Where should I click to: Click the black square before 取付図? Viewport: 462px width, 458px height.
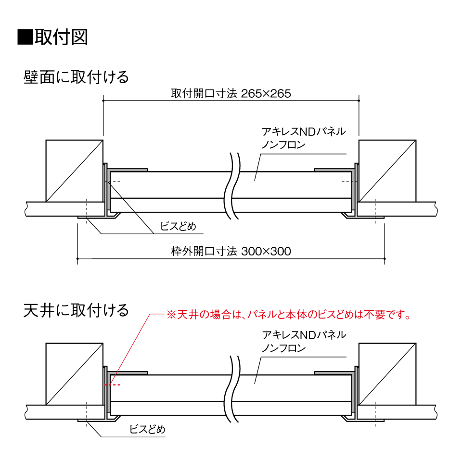[x=25, y=37]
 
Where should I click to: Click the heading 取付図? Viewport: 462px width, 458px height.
[x=61, y=37]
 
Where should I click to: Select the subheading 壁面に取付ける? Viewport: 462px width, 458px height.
[x=76, y=77]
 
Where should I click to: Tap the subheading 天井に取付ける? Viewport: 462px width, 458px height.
[x=76, y=310]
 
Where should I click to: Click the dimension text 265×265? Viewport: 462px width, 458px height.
[x=266, y=94]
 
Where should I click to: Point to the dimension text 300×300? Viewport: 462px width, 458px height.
[x=266, y=251]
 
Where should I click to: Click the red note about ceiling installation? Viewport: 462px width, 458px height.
[x=289, y=315]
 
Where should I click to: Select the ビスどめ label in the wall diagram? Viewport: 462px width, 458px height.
[x=178, y=226]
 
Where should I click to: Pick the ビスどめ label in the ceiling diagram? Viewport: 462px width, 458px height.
[x=147, y=430]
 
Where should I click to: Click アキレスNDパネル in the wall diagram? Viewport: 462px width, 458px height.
[x=304, y=131]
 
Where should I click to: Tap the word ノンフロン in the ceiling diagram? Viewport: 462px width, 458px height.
[x=283, y=348]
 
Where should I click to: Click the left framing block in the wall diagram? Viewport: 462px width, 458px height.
[x=75, y=171]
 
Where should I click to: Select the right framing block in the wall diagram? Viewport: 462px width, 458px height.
[x=387, y=171]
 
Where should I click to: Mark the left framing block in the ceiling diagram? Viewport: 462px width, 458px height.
[x=75, y=374]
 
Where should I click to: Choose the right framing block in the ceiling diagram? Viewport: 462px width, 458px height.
[x=387, y=374]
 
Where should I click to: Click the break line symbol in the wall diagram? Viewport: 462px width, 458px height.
[x=232, y=186]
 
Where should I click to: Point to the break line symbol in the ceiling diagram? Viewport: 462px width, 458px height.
[x=232, y=389]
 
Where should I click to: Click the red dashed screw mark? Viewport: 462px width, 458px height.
[x=113, y=385]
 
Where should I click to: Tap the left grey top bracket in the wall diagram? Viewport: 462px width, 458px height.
[x=127, y=170]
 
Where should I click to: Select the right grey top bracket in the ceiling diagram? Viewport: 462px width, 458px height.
[x=334, y=373]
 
